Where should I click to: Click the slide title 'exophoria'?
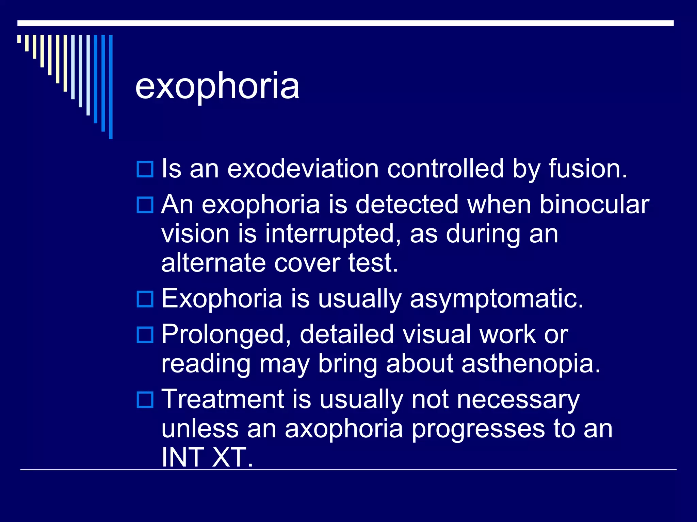tap(217, 87)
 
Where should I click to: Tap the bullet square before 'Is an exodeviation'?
tap(145, 169)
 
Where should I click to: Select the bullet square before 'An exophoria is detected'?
tap(145, 205)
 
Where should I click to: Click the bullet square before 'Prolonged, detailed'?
tap(145, 335)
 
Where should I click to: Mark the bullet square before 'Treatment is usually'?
tap(145, 400)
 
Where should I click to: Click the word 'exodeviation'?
tap(303, 169)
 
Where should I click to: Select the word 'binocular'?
tap(594, 205)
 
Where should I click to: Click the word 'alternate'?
tap(213, 263)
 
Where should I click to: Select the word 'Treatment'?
tap(223, 399)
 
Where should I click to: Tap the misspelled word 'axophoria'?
tap(344, 429)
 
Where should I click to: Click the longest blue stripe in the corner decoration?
tap(111, 87)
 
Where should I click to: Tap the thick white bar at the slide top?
tap(345, 23)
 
